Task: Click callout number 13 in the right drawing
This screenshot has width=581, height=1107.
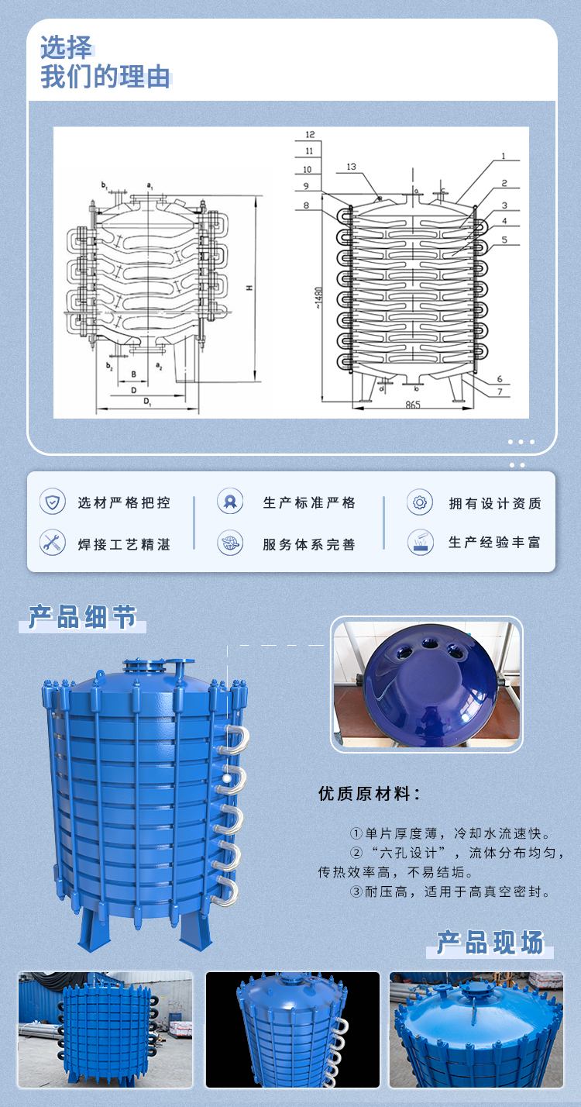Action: (351, 167)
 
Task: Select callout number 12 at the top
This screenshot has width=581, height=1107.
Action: (310, 134)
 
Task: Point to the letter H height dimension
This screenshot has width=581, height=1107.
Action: (249, 288)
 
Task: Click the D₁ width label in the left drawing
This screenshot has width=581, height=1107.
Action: (146, 402)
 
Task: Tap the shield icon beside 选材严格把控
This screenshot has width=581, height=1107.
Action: (53, 502)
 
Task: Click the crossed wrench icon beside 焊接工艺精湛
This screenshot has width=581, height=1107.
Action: (53, 542)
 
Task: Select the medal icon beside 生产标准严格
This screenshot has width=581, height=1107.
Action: (230, 502)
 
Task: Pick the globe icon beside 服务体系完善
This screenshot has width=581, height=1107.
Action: (230, 542)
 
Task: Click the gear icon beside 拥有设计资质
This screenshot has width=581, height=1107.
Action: (420, 502)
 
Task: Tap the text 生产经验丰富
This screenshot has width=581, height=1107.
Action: (495, 543)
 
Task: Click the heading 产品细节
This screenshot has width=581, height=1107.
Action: (82, 617)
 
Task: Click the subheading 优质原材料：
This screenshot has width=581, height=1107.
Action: (370, 794)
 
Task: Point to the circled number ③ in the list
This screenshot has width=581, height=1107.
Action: (356, 891)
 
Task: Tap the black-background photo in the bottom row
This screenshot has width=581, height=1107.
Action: (292, 1029)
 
